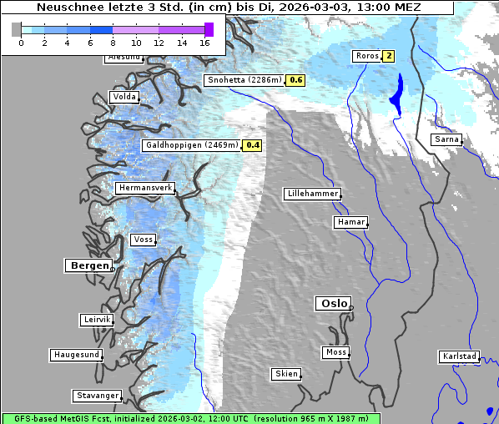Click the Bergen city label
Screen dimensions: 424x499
88,265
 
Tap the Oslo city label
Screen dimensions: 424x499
332,303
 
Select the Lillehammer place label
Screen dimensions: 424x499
312,194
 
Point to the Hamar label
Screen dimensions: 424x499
350,222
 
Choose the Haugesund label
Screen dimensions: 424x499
76,355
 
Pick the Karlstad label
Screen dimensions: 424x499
459,356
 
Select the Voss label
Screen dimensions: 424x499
143,240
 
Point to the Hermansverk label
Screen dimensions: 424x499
144,189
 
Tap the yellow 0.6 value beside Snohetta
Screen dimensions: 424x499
295,80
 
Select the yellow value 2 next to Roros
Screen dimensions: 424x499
388,56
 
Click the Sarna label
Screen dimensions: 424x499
446,139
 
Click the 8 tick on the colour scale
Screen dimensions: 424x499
113,42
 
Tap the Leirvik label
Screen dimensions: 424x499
97,320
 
